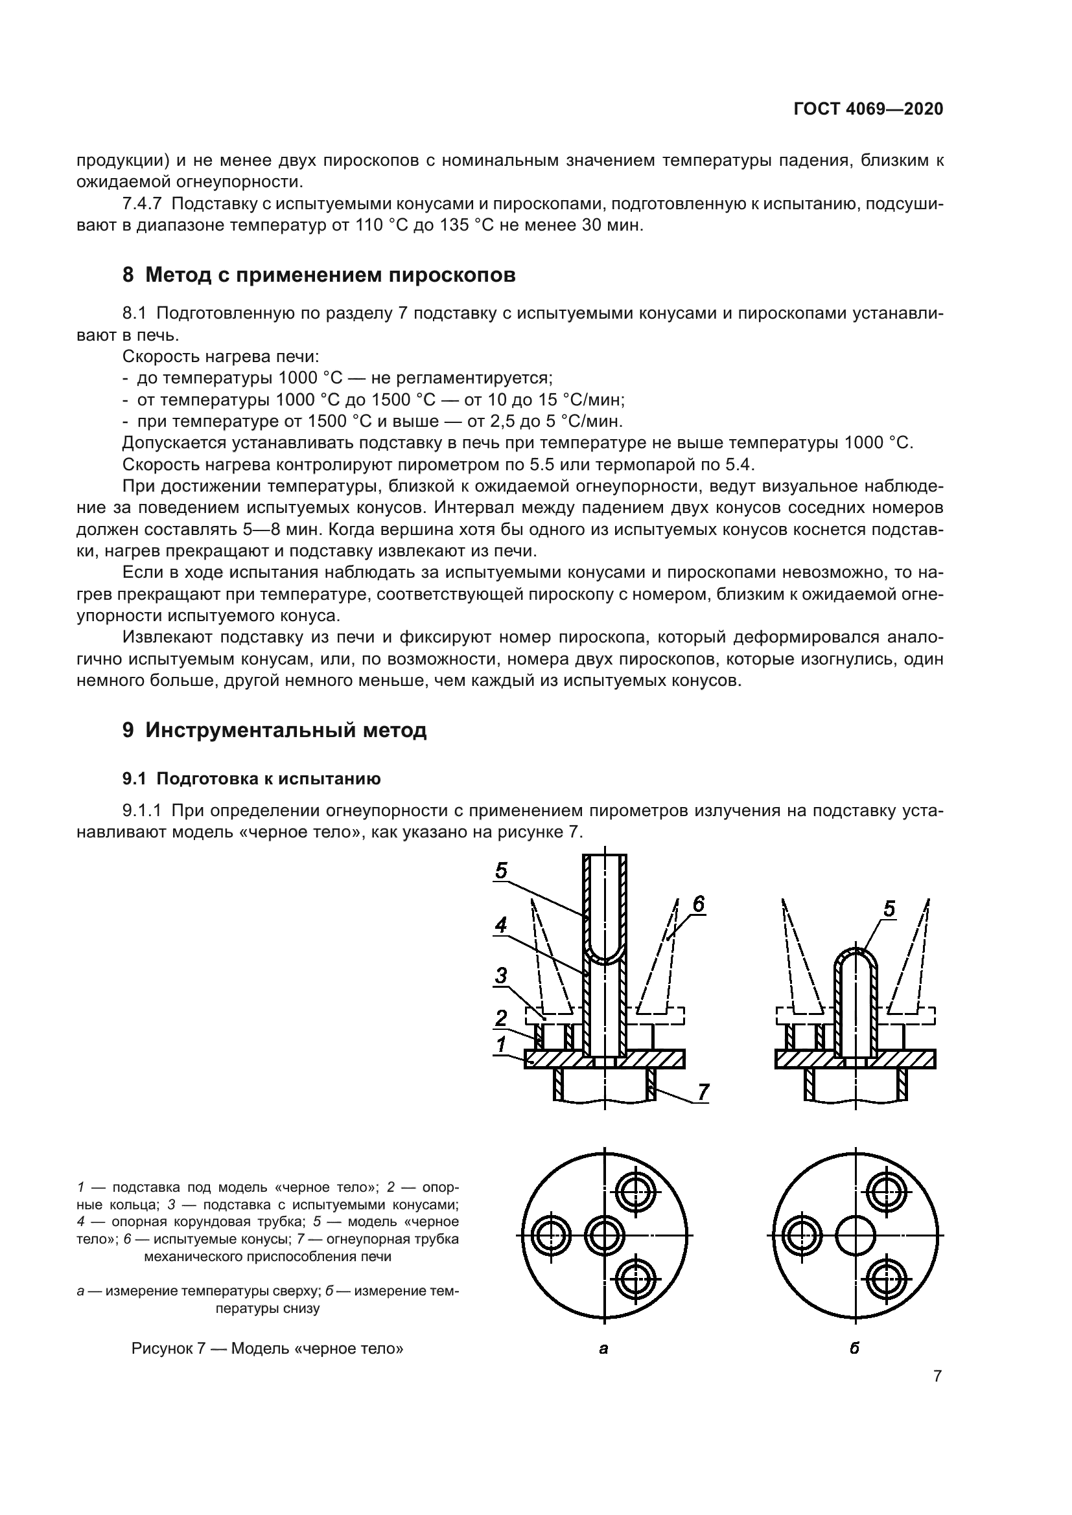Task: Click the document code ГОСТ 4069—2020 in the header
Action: pos(868,109)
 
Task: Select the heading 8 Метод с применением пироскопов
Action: pos(319,275)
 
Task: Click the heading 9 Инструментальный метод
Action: pos(275,730)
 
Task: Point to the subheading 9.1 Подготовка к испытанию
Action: pos(251,779)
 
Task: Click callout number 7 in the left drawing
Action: pos(703,1092)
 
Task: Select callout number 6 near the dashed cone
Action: pos(699,905)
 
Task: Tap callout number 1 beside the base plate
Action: pos(502,1044)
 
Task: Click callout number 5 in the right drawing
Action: pos(889,909)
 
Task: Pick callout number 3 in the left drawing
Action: pos(502,975)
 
